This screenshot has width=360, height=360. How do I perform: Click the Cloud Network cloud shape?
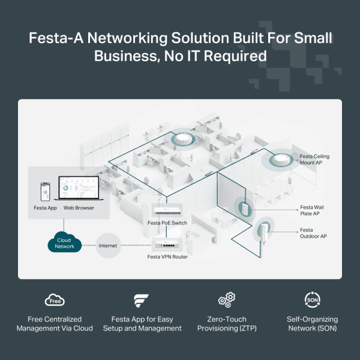pyautogui.click(x=64, y=243)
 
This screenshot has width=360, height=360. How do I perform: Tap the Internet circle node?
pyautogui.click(x=109, y=245)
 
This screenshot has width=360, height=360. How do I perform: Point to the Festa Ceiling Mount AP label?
pyautogui.click(x=314, y=160)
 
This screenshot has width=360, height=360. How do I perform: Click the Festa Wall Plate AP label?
pyautogui.click(x=313, y=210)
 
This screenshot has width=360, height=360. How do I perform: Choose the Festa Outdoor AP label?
pyautogui.click(x=313, y=233)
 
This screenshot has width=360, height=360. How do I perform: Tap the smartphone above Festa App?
pyautogui.click(x=44, y=192)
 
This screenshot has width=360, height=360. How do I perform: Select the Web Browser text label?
pyautogui.click(x=79, y=208)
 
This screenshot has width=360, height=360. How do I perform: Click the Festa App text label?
pyautogui.click(x=45, y=208)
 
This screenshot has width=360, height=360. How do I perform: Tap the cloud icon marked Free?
pyautogui.click(x=55, y=300)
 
